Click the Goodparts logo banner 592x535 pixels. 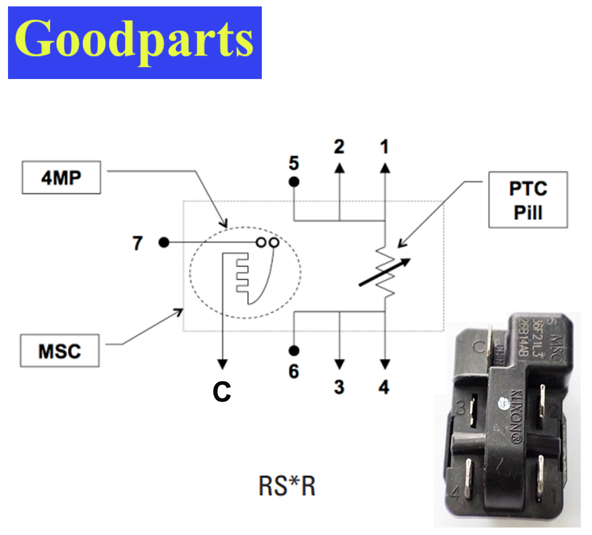[135, 43]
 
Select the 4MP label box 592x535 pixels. [61, 178]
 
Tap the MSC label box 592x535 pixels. [60, 351]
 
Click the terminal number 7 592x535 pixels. [138, 244]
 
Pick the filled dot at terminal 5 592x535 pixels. [294, 182]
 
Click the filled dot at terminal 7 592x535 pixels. [164, 243]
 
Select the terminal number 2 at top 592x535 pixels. [339, 146]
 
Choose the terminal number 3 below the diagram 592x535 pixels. [339, 387]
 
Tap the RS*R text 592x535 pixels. [286, 486]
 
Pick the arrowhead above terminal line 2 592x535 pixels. [339, 168]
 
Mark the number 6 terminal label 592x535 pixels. [294, 371]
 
